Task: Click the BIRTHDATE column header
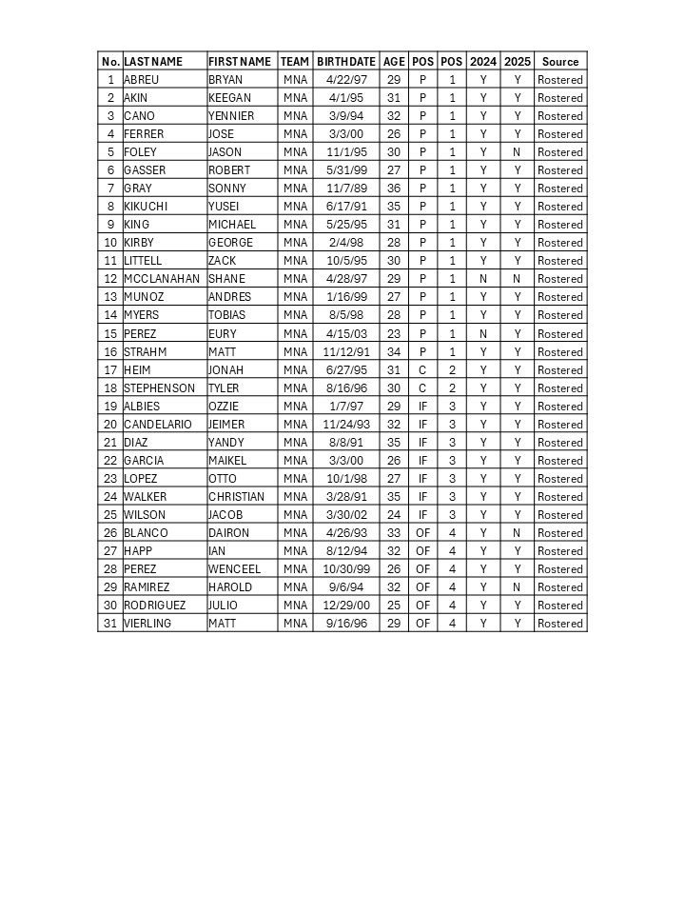346,61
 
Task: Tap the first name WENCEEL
234,569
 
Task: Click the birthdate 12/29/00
346,606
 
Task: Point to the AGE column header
394,61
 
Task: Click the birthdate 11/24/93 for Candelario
346,425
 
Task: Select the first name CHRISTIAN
237,497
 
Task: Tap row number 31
110,624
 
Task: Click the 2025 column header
518,61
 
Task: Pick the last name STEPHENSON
159,388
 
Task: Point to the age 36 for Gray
394,189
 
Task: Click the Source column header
560,61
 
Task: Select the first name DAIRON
228,533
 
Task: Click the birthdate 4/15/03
346,334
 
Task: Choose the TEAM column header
295,61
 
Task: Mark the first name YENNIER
231,116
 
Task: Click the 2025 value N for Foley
517,152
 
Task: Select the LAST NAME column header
153,61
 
